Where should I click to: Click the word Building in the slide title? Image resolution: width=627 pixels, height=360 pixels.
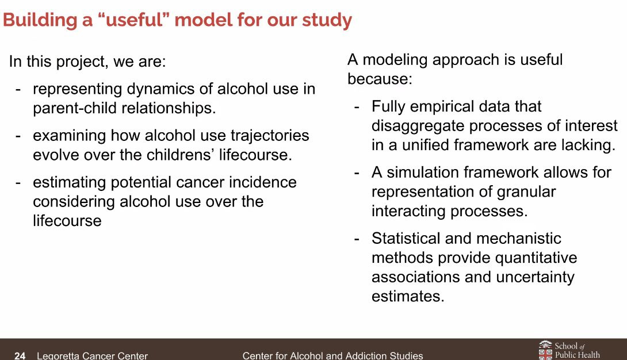[40, 20]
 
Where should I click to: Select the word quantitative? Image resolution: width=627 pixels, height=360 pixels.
[536, 258]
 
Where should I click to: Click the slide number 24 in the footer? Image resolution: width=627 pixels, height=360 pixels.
[20, 355]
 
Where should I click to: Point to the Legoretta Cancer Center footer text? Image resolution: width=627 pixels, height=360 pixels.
[93, 355]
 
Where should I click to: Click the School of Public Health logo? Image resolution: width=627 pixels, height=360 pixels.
[569, 350]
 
